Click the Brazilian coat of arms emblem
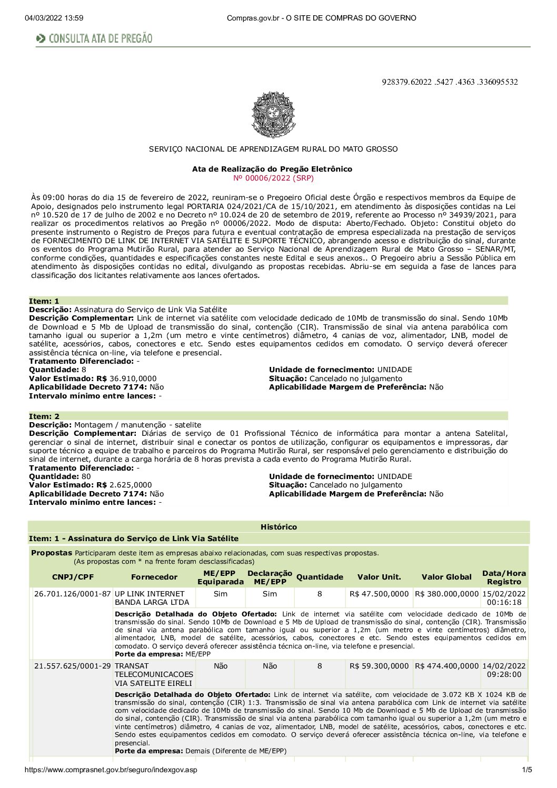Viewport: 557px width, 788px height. coord(273,115)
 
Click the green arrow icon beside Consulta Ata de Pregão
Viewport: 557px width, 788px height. coord(41,38)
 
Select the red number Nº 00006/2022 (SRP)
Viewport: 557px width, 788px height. coord(273,178)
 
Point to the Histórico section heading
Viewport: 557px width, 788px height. coord(278,527)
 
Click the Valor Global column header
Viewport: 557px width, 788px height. coord(446,577)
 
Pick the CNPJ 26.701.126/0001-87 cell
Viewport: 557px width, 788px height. coord(73,594)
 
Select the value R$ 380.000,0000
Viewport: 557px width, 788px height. coord(446,594)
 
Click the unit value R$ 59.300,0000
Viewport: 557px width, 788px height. coord(379,666)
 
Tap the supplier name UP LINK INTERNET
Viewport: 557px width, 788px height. coord(150,594)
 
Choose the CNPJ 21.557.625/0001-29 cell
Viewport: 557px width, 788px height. coord(73,666)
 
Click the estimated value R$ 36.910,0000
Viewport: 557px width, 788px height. coord(133,378)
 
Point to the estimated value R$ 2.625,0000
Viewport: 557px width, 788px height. coord(131,485)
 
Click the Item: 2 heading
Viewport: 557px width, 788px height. coord(44,416)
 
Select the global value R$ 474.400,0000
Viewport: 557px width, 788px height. coord(446,666)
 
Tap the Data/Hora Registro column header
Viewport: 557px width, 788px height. coord(504,577)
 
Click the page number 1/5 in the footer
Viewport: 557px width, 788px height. coord(526,770)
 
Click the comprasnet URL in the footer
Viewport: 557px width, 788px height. coord(111,770)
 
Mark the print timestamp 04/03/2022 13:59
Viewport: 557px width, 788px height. coord(54,18)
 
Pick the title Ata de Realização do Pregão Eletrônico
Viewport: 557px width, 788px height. coord(272,169)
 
